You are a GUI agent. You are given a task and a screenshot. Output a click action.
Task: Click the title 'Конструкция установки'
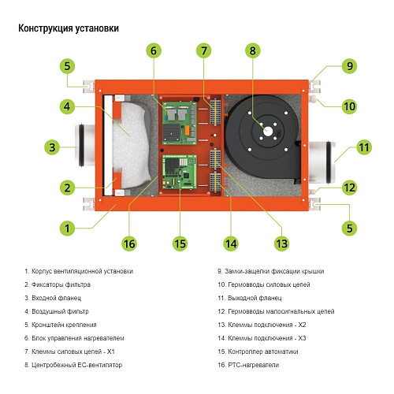click(x=69, y=28)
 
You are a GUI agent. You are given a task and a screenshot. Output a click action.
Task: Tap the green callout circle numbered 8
click(x=252, y=51)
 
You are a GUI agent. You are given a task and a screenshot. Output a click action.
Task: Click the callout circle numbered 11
click(x=341, y=147)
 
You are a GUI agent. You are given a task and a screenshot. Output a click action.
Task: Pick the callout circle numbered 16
click(x=129, y=243)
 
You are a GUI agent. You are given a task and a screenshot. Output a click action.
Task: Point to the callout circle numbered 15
click(x=180, y=243)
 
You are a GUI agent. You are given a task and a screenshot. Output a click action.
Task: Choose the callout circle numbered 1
click(x=68, y=229)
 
